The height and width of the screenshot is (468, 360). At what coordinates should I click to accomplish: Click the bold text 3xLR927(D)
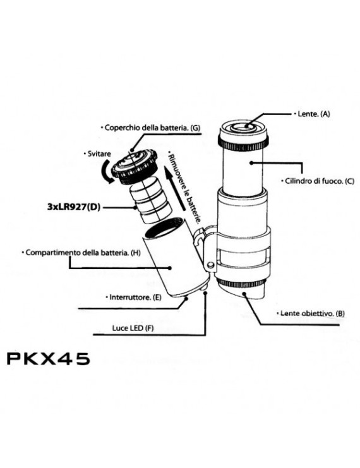point(73,207)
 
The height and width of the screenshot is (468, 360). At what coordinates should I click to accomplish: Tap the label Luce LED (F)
point(133,328)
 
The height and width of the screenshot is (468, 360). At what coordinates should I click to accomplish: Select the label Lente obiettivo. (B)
point(312,313)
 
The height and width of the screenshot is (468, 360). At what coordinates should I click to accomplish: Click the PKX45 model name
point(48,359)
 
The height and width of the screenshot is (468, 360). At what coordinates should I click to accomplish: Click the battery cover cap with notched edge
point(135,167)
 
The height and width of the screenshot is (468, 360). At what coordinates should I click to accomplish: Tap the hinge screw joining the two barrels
point(211,265)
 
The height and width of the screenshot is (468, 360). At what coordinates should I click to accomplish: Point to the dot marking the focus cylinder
point(251,163)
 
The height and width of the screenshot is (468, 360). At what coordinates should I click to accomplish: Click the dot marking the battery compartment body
point(170,268)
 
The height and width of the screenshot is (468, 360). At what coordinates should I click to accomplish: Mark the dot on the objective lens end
point(244,294)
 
